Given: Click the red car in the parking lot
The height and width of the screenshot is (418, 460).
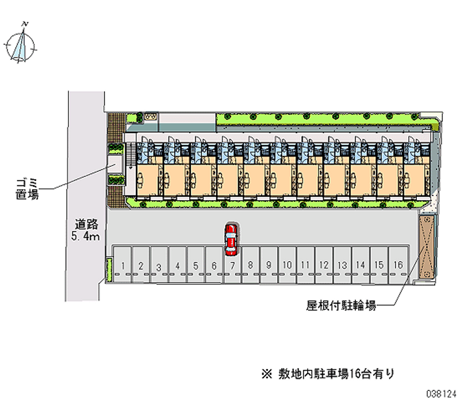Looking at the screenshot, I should point(231,240).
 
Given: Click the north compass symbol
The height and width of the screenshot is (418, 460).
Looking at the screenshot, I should point(21,47).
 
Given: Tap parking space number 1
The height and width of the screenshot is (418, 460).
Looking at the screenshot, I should point(123,265).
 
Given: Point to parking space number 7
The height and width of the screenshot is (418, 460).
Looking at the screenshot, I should point(232,265).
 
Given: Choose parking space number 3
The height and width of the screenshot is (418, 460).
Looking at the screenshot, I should point(159,266).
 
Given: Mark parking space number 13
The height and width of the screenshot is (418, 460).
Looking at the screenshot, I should point(342,265).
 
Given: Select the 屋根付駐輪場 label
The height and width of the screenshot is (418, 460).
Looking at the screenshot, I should point(341,306).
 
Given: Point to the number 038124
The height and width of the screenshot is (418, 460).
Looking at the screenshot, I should point(442,396).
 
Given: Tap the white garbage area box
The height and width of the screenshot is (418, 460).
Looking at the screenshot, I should point(115,163).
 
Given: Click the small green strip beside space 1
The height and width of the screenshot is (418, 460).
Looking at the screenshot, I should point(108,270).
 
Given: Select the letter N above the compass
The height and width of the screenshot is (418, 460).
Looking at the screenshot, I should point(24,24).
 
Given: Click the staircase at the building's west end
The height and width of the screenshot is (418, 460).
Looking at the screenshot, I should point(131,155).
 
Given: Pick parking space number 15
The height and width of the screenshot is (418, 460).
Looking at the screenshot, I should point(379,265).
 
